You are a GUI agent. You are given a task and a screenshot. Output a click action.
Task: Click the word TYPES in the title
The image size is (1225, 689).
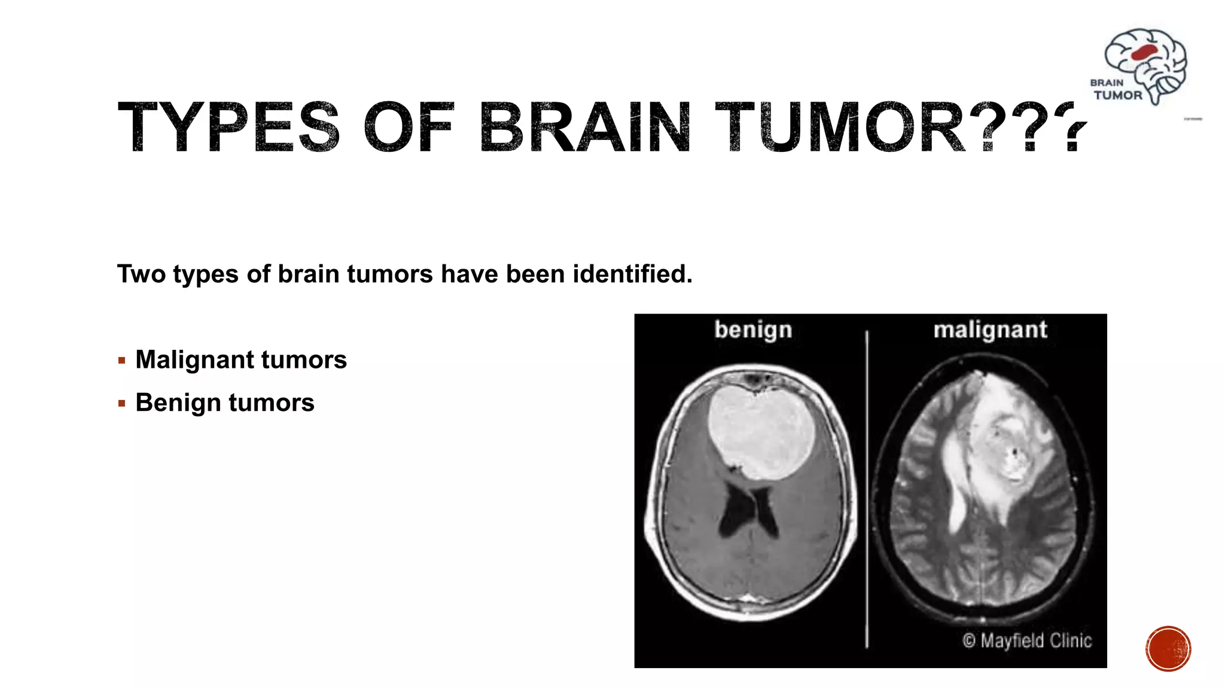[228, 127]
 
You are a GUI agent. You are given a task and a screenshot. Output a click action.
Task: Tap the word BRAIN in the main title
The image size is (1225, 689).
[585, 127]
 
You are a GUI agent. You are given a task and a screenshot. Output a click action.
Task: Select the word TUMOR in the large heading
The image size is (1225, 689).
[840, 127]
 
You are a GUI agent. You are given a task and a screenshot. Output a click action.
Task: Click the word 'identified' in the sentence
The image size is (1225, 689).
[632, 274]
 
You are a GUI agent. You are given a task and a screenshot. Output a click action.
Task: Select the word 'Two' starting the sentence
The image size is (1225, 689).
[141, 274]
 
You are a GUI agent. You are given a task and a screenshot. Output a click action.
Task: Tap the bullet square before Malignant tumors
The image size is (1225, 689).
[122, 361]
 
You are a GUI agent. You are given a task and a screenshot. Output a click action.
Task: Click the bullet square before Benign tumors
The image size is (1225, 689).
[122, 404]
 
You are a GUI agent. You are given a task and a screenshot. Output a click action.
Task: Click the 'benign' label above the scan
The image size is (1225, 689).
[753, 330]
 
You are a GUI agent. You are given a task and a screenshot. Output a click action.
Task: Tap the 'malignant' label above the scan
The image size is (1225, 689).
[990, 330]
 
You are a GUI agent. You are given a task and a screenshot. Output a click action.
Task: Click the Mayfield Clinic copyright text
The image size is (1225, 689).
[1027, 641]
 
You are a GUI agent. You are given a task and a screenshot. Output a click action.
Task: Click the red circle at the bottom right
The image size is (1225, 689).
[1168, 649]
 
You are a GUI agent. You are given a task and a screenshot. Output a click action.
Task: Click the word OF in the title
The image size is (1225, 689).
[409, 127]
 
